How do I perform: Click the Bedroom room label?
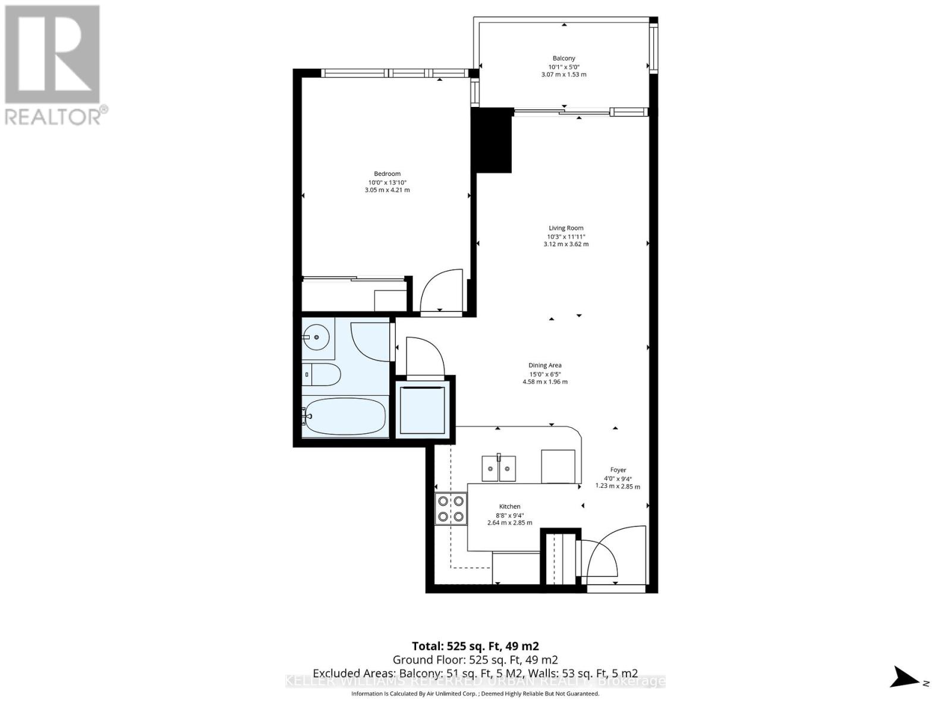click(387, 173)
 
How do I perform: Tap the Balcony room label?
click(563, 58)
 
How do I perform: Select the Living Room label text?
click(566, 228)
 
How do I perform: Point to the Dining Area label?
click(545, 365)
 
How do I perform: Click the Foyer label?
click(618, 470)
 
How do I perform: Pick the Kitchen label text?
click(509, 506)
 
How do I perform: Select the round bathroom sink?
click(317, 337)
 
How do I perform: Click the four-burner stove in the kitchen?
click(451, 509)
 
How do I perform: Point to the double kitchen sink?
click(499, 468)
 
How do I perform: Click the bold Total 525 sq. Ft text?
click(475, 646)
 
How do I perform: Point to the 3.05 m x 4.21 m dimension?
click(387, 190)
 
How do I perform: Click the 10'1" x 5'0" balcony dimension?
click(563, 67)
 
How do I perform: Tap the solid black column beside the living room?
click(493, 141)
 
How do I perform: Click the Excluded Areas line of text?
click(475, 673)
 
